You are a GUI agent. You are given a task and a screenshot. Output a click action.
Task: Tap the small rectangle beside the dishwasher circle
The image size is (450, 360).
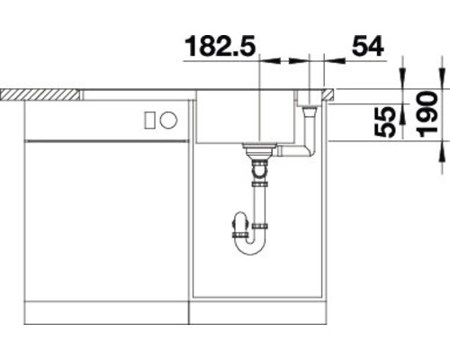pyautogui.click(x=167, y=119)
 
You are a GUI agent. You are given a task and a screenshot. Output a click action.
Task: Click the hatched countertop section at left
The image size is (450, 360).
pyautogui.click(x=40, y=93)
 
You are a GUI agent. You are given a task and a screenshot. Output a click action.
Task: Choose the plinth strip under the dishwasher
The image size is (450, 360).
pyautogui.click(x=106, y=316)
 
